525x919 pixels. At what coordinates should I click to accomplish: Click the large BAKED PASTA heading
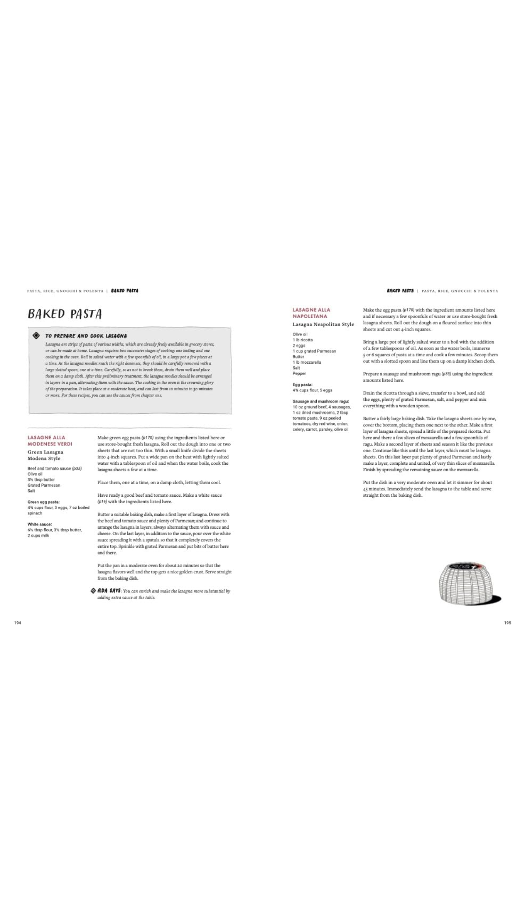coord(65,314)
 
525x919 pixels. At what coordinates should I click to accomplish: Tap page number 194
coord(18,622)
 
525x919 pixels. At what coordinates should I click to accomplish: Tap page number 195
coord(507,622)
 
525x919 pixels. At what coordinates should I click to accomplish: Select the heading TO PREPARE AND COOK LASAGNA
coord(86,336)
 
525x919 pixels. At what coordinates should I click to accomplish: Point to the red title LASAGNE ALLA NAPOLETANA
coord(311,313)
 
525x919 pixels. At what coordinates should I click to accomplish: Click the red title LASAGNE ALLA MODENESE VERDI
coord(50,441)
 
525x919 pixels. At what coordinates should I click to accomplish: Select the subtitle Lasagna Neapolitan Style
coord(323,324)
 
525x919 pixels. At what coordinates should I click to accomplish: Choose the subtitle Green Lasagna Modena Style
coord(45,455)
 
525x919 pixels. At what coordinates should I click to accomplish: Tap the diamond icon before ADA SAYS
coord(93,590)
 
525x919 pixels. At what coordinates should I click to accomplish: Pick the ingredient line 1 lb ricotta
coord(303,340)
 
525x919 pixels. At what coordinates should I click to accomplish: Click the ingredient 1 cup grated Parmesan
coord(315,351)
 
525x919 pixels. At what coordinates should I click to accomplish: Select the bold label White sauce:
coord(40,524)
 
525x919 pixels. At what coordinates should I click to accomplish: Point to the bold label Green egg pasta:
coord(44,502)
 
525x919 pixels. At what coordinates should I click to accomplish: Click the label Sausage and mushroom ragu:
coord(321,401)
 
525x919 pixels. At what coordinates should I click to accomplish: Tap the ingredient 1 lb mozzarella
coord(307,362)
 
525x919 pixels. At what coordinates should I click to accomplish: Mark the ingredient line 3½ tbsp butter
coord(41,480)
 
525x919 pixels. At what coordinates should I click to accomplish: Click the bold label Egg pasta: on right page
coord(302,385)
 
